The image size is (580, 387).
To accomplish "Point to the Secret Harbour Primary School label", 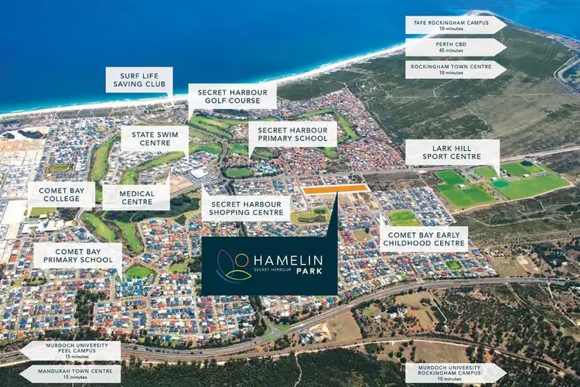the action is pos(292,134).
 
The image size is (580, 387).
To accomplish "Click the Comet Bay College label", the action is pos(61,193).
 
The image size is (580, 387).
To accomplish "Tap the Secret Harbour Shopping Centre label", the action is pos(246,208).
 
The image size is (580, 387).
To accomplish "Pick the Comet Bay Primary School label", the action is pos(77,255).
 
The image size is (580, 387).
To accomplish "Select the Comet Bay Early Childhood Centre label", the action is pos(424,238).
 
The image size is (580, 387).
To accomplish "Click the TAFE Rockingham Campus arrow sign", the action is pos(455,25).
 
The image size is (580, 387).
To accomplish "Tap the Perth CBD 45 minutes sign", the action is pos(455,47).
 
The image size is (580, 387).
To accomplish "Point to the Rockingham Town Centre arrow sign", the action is pos(455,69).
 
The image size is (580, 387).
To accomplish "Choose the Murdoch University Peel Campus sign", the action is pos(71,351).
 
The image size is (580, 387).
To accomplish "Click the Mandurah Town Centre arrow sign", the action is pos(71,374).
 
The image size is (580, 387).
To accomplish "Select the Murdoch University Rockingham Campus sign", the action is pos(455,372).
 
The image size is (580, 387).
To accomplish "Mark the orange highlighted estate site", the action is pos(335,189).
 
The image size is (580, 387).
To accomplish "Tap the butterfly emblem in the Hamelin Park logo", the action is pos(234,265).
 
